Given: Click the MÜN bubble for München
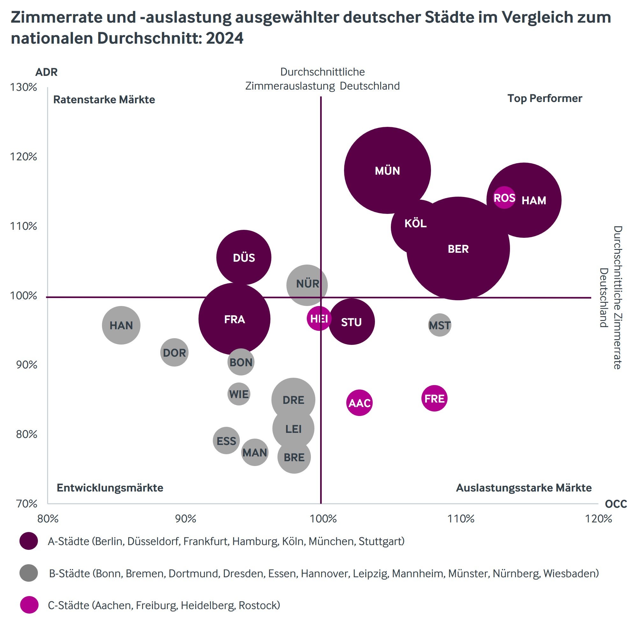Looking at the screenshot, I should coord(387,170).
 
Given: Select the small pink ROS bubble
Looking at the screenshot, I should coord(504,198).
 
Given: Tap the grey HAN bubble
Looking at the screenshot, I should coord(121,325).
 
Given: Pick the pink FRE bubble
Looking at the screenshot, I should coord(434,398).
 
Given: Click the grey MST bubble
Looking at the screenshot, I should coord(440,325).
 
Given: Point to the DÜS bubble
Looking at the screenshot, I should coord(244,258).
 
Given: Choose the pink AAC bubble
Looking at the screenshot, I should coord(359,403).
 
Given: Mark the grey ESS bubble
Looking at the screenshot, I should coord(226,441).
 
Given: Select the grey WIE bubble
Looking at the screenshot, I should coord(239,394).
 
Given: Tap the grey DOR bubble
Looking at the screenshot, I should coord(175,353).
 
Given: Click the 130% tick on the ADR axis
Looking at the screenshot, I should coord(24,87).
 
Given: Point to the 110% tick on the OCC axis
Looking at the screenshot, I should coord(461,519).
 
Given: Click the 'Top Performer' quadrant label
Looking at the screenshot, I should coord(544,98).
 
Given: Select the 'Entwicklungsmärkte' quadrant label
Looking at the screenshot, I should coord(110,488).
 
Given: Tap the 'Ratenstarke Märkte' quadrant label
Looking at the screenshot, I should coord(104,99).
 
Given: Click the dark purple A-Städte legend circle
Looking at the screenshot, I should coord(29,541).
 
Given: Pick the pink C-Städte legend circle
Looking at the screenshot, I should coord(29,605).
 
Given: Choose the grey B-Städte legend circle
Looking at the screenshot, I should coord(29,573).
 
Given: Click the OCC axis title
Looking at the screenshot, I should coord(615,504).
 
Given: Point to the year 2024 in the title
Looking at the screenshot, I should coord(225,39).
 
